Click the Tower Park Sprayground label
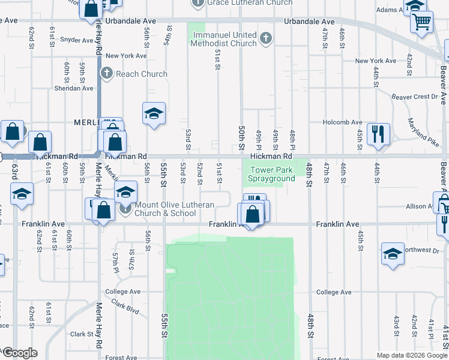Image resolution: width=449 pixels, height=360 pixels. click(x=272, y=174)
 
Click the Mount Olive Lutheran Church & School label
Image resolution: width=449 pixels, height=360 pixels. click(x=173, y=209)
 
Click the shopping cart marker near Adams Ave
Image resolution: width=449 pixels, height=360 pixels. click(x=422, y=22)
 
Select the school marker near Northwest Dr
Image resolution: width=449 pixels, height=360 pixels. click(x=393, y=253)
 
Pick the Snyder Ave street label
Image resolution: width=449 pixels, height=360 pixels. click(x=78, y=40)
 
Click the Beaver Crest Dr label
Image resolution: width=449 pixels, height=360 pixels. click(x=414, y=97)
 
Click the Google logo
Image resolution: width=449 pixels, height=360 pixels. click(x=20, y=353)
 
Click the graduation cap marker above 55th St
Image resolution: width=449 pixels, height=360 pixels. click(x=154, y=113)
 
